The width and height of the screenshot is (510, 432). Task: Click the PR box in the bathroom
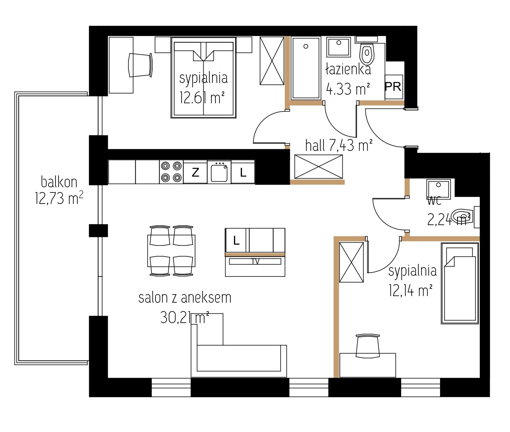tap(394, 87)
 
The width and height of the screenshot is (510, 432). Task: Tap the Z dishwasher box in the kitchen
tap(195, 172)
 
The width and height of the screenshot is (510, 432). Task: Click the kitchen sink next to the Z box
tap(219, 172)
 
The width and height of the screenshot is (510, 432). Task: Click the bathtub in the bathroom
tap(306, 68)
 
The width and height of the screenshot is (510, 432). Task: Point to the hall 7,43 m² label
tap(339, 145)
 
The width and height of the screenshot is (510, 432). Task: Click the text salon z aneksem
tap(185, 298)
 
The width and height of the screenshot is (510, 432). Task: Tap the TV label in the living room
tap(256, 261)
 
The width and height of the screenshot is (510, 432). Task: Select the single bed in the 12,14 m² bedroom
tap(460, 283)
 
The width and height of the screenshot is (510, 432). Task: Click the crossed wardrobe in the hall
tap(318, 166)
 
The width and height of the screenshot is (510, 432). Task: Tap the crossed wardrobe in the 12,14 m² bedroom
tap(351, 262)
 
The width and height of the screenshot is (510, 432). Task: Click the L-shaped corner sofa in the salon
tap(239, 358)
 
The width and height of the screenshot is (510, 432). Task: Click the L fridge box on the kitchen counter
tap(243, 172)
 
